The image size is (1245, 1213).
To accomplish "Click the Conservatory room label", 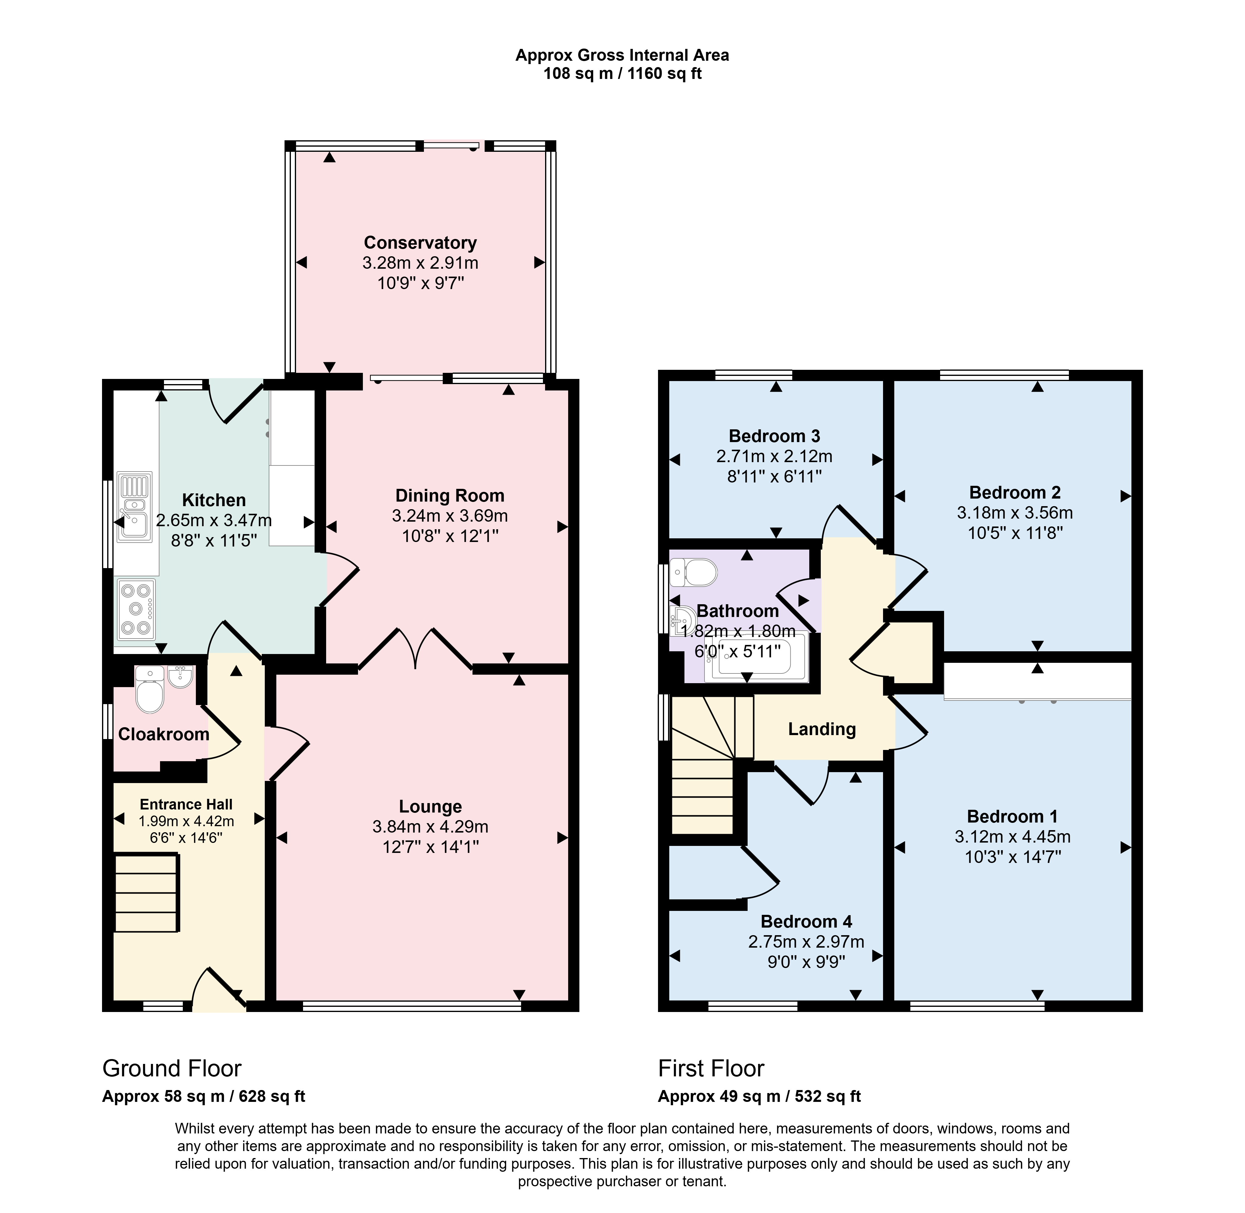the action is tap(420, 243).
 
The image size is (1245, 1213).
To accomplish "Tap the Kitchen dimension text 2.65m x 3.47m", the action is tap(214, 520).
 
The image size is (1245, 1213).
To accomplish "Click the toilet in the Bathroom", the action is tap(693, 572).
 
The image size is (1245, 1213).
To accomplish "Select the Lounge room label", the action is tap(431, 806).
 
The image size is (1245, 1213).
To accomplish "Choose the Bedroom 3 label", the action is tap(775, 436).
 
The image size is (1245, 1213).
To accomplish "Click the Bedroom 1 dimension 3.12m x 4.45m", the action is tap(1012, 836).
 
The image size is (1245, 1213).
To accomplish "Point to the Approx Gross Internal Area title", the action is tap(622, 56).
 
